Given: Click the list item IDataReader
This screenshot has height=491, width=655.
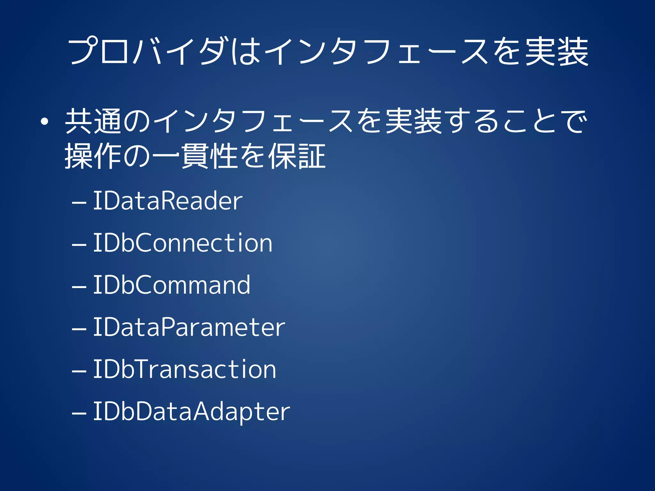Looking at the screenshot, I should click(168, 201).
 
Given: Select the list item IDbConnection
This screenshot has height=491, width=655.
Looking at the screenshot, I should click(183, 243).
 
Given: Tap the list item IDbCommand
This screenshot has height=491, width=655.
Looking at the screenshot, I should click(171, 285).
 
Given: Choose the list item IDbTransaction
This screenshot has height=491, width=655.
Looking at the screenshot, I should click(185, 369).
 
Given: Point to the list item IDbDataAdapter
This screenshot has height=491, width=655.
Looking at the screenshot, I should click(191, 412).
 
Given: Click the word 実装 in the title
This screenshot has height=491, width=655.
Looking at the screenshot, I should click(556, 51).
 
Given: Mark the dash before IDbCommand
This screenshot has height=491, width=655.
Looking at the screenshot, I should click(79, 287).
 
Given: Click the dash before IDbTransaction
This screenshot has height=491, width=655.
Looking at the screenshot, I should click(79, 371).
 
